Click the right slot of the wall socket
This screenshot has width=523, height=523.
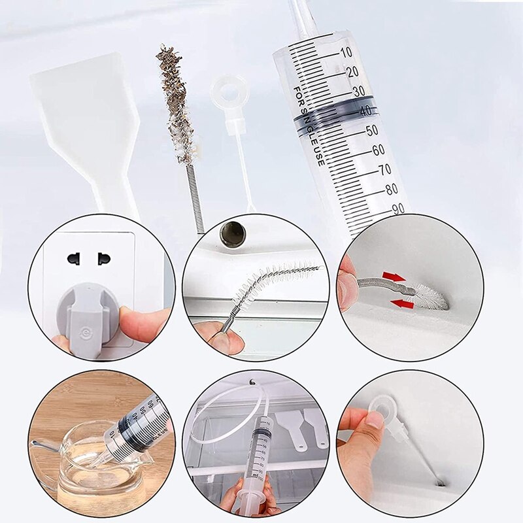point(102,259)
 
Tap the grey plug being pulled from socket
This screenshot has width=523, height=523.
point(85,314)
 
